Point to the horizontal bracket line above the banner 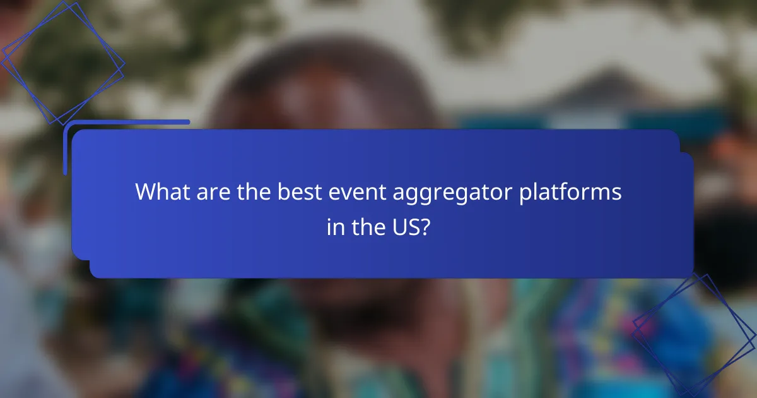point(126,122)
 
